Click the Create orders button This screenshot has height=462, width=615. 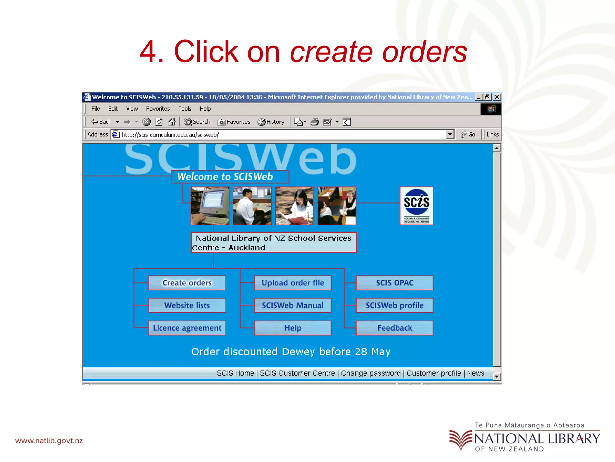(187, 283)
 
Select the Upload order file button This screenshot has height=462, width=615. (293, 283)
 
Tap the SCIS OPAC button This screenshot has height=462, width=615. (395, 283)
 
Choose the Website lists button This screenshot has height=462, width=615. (187, 305)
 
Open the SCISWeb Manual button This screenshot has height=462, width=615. (293, 305)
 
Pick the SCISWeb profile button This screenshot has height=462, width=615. (395, 305)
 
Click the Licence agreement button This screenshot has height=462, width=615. (187, 328)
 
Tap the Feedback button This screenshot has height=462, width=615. (395, 328)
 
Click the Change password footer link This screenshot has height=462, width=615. (371, 373)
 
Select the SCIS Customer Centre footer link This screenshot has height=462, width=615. (297, 373)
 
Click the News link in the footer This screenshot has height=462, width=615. (475, 373)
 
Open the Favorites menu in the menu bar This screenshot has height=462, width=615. (158, 109)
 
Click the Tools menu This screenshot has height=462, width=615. (185, 109)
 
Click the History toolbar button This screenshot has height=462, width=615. (271, 122)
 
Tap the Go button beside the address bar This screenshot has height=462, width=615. (468, 134)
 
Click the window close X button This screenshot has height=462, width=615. (497, 97)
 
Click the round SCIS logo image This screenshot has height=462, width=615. (417, 205)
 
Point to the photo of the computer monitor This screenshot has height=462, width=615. (210, 206)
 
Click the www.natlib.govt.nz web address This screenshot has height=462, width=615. (49, 441)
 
